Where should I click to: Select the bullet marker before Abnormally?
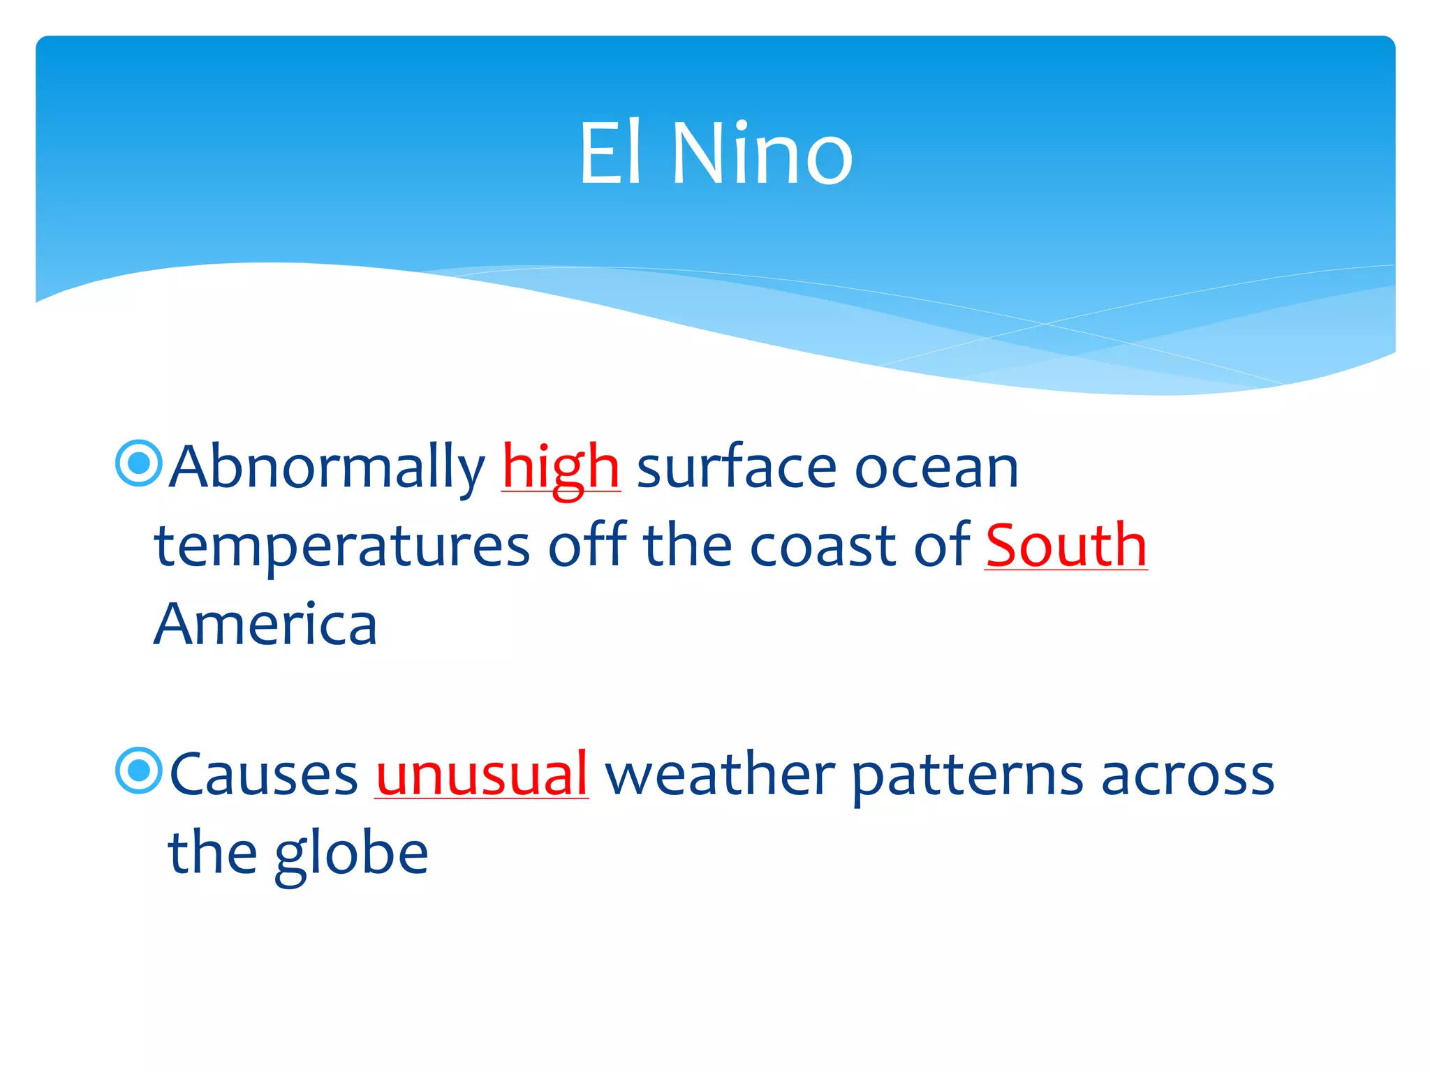[x=139, y=463]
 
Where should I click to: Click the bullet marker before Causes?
[x=139, y=770]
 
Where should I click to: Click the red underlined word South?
[x=1066, y=545]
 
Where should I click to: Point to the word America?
[x=265, y=624]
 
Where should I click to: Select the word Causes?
[x=263, y=775]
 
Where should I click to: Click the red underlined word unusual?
[x=482, y=775]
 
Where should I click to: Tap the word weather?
[x=720, y=775]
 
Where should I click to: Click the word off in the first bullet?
[x=587, y=545]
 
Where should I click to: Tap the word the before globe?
[x=212, y=853]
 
